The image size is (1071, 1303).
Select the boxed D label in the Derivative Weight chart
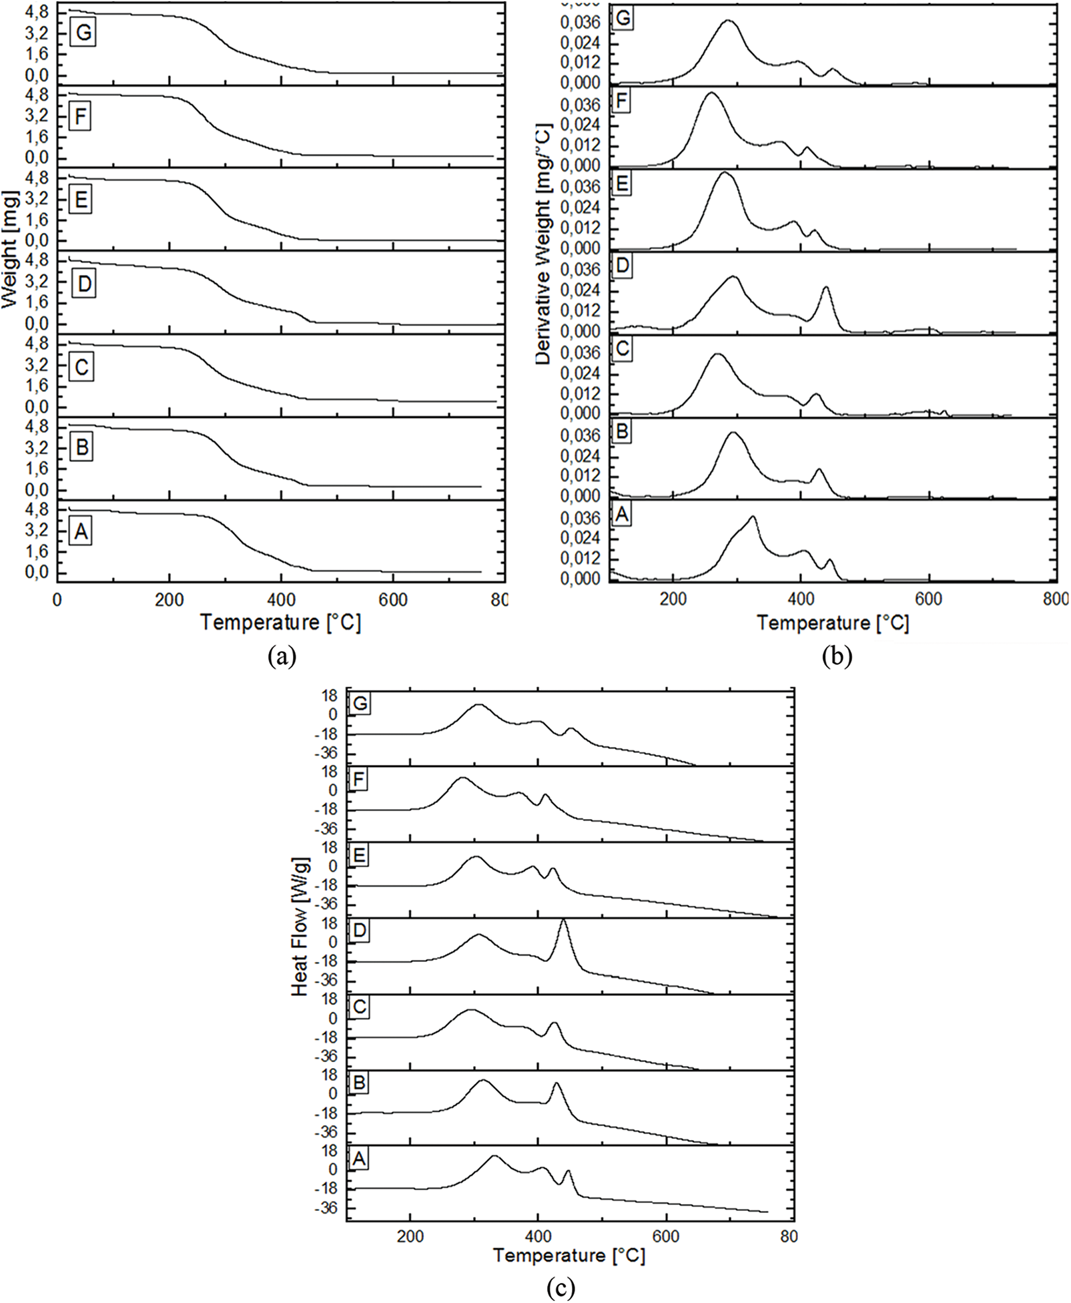coord(622,266)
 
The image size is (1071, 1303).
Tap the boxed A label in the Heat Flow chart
coord(359,1159)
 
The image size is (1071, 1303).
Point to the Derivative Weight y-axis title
coord(545,244)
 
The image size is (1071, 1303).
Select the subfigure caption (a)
coord(281,657)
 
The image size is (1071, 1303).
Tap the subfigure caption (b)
coord(837,657)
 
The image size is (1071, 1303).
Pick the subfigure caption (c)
coord(559,1288)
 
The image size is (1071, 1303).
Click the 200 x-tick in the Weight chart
coord(169,600)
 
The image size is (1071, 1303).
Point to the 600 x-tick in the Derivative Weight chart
coord(928,599)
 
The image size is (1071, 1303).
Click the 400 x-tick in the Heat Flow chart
coord(538,1236)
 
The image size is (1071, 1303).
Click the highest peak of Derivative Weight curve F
coord(711,93)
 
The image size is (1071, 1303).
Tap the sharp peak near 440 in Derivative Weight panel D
coord(826,287)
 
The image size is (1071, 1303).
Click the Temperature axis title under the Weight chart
coord(280,622)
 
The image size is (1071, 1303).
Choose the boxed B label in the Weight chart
coord(81,447)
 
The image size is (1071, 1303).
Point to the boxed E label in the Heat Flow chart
coord(359,856)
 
